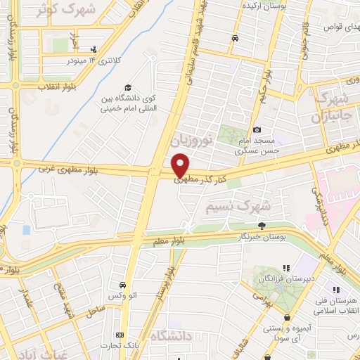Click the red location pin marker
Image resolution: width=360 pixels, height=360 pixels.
[181, 165]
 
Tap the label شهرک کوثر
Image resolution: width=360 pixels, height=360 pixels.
[67, 11]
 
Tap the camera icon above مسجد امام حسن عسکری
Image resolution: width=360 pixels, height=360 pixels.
[257, 129]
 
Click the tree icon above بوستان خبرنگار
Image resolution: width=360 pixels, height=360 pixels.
[261, 226]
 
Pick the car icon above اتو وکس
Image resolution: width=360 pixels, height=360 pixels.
[123, 285]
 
